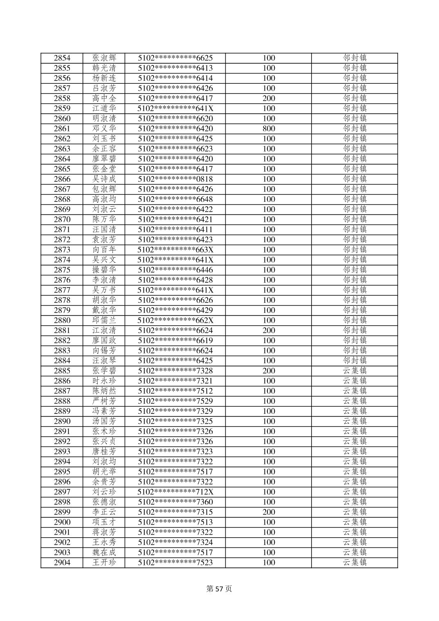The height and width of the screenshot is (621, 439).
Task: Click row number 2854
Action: click(x=62, y=58)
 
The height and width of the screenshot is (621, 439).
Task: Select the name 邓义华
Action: click(x=104, y=129)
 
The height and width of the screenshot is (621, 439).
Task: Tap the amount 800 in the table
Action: click(x=269, y=129)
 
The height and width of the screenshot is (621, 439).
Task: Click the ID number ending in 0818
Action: click(x=175, y=179)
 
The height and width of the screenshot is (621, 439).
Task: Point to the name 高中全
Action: click(x=104, y=98)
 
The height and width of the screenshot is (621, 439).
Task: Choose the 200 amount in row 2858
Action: click(x=269, y=98)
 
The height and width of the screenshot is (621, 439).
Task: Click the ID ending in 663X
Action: click(x=175, y=250)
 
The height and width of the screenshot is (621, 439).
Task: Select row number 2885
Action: click(x=62, y=371)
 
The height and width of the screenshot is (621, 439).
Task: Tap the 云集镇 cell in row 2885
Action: click(x=354, y=371)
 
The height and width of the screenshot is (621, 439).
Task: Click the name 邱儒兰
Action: click(x=104, y=320)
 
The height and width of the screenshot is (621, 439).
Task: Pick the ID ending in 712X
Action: click(x=175, y=492)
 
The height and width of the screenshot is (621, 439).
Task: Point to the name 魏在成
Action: click(x=104, y=552)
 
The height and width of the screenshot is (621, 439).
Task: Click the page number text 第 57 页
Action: click(x=219, y=589)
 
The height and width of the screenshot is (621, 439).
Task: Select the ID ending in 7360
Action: click(x=175, y=502)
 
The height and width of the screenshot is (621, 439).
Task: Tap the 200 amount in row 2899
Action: click(x=269, y=512)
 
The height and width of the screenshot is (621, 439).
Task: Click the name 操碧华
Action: click(x=104, y=270)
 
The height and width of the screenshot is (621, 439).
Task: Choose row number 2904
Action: click(x=62, y=563)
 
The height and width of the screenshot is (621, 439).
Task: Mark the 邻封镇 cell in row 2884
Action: click(x=354, y=361)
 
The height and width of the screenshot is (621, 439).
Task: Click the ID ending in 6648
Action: click(x=175, y=199)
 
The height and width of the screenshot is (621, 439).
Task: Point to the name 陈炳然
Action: click(x=104, y=391)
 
